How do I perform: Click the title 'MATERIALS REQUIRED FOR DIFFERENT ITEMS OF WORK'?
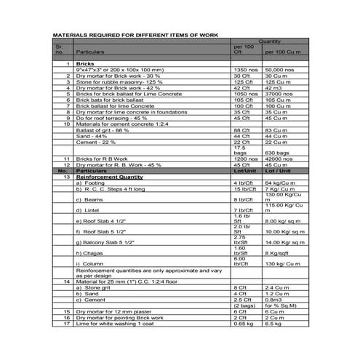(x=134, y=34)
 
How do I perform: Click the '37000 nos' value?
(x=279, y=95)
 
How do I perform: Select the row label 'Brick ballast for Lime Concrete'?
(x=111, y=106)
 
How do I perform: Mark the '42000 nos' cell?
(x=279, y=159)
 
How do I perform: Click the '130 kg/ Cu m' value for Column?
(x=281, y=263)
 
